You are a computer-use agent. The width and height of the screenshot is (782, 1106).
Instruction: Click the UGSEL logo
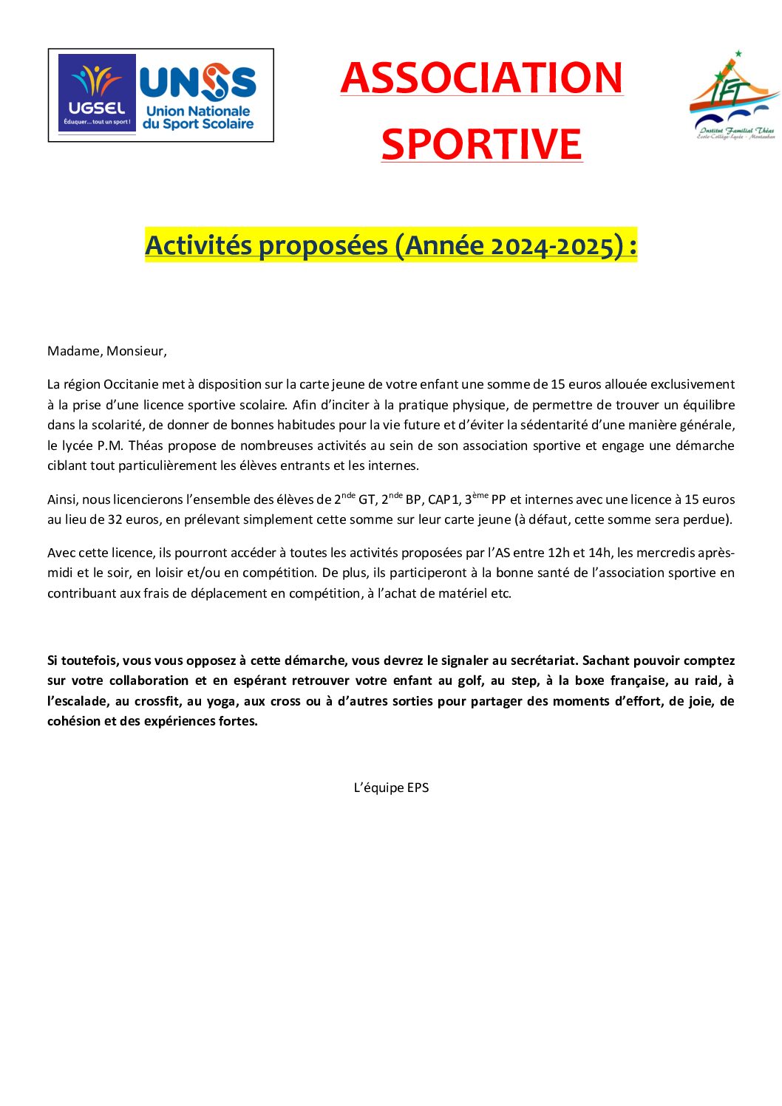point(97,93)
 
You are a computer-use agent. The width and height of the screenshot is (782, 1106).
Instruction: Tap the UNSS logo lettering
point(198,82)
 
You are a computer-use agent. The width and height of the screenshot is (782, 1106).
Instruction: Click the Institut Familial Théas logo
point(734,95)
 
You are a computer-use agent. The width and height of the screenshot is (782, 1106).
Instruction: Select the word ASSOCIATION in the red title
point(482,78)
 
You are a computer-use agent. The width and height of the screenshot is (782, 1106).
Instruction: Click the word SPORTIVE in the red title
point(482,144)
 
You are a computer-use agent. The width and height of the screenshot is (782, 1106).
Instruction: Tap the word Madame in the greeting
point(73,351)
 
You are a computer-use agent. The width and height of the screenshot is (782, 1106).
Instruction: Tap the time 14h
point(599,553)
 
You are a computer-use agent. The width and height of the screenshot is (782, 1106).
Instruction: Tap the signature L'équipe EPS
point(391,788)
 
